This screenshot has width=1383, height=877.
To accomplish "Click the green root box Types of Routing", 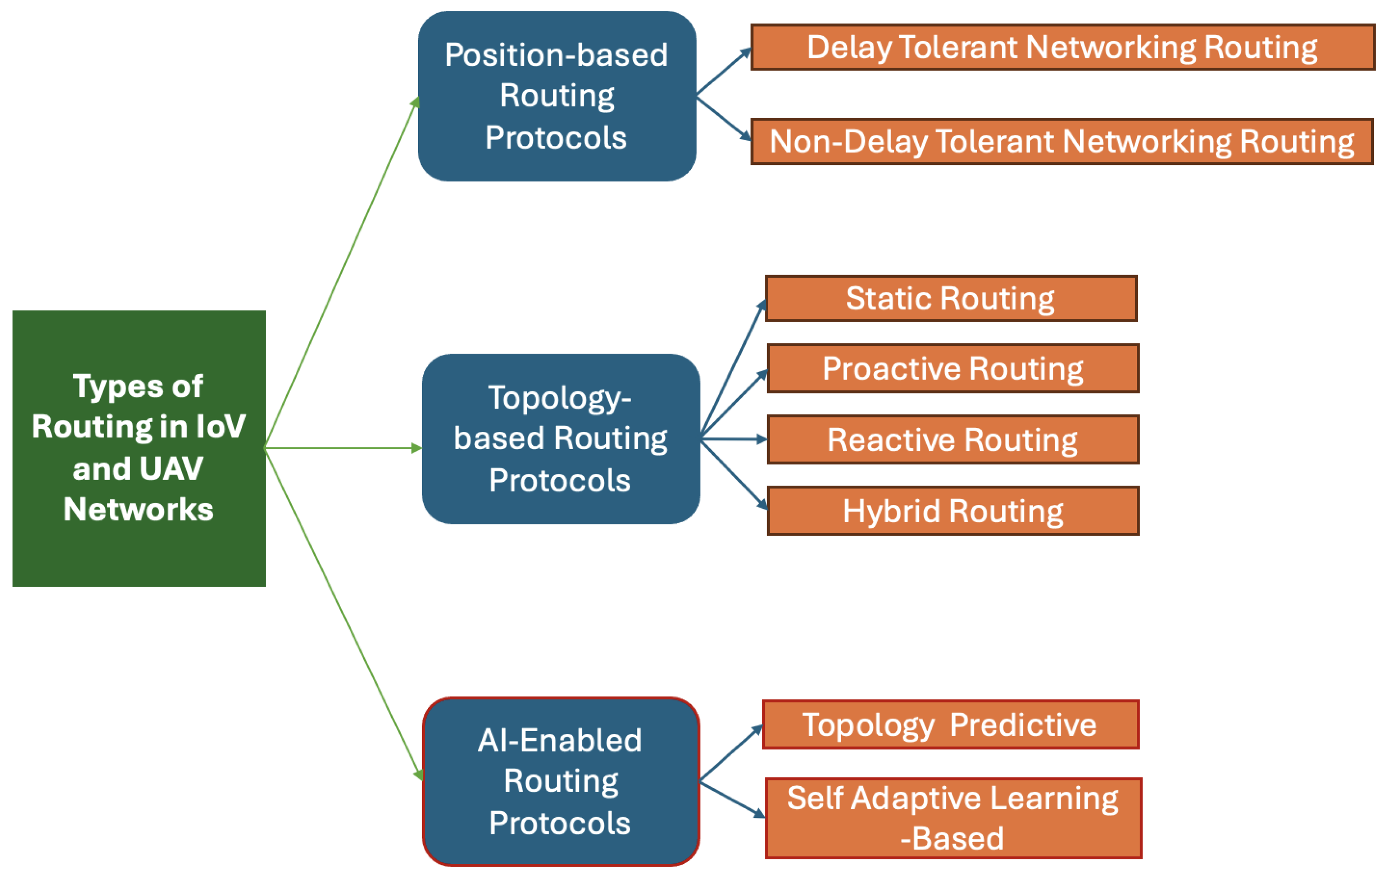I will coord(139,448).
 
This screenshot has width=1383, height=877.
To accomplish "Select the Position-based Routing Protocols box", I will coord(557,96).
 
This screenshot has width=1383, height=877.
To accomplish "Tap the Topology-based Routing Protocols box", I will coord(560,439).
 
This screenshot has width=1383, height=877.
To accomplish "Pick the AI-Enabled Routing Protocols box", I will coord(560,781).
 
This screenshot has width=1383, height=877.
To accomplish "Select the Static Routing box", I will coord(950,299).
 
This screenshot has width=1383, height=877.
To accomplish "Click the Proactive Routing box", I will coord(952,369).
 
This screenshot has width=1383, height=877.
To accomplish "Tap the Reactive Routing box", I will coord(952,440).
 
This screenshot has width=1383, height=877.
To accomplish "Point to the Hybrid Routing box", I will coord(952,511).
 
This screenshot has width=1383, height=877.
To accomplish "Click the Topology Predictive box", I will coord(950,724).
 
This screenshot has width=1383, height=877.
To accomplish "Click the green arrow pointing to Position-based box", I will coord(342,272).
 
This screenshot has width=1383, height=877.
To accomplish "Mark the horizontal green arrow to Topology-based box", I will coord(343,448).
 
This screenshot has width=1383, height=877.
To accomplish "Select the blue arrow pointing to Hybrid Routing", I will coord(734,474).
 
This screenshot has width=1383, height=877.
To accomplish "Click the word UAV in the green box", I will coord(171,468).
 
